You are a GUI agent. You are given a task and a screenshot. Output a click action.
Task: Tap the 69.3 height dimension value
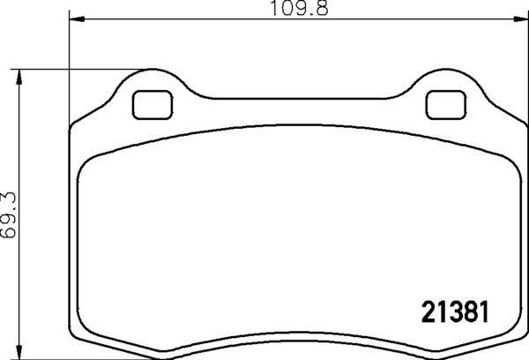(11, 213)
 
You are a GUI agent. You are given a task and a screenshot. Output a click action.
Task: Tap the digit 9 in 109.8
(295, 10)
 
